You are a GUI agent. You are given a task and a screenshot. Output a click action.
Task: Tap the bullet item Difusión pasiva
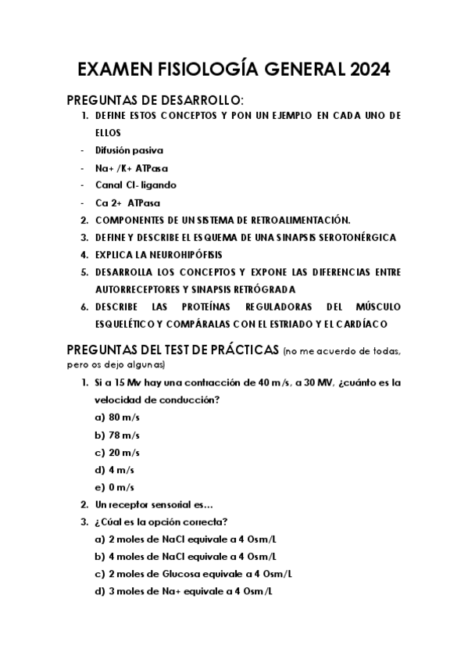[x=130, y=150]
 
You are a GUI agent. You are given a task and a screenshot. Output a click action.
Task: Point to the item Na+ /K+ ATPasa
[x=132, y=167]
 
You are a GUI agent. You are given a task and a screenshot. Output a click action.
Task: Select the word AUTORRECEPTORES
[x=140, y=289]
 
